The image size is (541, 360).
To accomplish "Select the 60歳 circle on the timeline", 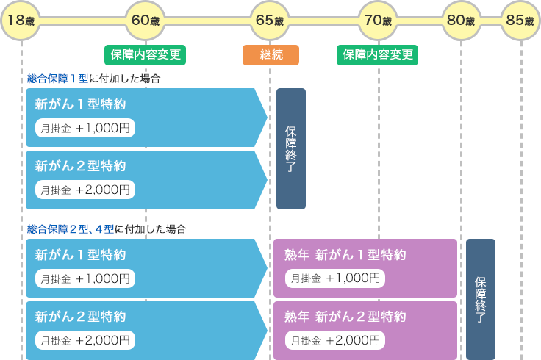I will (146, 21).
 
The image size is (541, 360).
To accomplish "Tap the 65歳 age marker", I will (269, 21).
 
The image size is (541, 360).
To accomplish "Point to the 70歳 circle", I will (379, 21).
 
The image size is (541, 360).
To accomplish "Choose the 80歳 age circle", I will (461, 21).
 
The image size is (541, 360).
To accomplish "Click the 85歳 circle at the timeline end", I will (520, 21).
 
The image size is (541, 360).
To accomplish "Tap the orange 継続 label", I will (270, 55).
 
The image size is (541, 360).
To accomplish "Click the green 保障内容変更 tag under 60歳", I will (145, 55).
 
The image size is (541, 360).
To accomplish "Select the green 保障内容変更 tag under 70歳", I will (378, 55).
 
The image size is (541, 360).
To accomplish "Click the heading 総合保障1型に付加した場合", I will (93, 79).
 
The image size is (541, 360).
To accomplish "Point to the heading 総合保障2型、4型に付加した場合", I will (106, 229).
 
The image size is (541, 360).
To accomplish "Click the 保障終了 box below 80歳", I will (481, 299).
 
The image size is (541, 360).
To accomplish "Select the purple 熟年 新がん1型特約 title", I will (345, 255).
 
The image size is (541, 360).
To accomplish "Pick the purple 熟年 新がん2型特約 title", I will (345, 317).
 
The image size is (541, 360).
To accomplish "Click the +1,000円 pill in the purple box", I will (335, 278).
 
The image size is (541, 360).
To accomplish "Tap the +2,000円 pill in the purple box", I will (335, 340).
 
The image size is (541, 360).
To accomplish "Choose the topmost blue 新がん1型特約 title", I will (80, 104).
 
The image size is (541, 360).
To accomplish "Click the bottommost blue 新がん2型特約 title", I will (80, 317).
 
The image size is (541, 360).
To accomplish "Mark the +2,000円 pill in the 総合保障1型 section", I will (85, 190).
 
